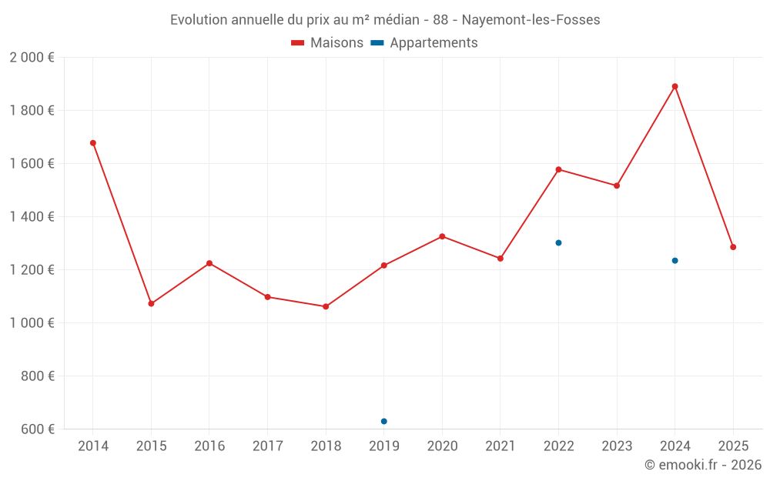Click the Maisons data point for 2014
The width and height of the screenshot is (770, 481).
click(x=93, y=143)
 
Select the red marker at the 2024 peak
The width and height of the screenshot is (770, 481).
click(x=675, y=86)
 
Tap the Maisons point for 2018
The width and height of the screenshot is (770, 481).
click(x=326, y=306)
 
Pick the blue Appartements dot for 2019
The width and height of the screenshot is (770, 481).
click(x=384, y=421)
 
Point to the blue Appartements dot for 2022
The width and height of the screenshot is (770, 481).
click(x=559, y=242)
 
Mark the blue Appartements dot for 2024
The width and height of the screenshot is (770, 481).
click(x=675, y=260)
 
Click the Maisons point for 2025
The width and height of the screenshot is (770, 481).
click(x=733, y=247)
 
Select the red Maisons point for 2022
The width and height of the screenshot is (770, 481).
click(x=559, y=169)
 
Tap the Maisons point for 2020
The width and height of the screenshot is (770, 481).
click(x=442, y=236)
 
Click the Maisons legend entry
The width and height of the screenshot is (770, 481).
click(x=327, y=43)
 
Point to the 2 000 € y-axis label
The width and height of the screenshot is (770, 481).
click(x=32, y=58)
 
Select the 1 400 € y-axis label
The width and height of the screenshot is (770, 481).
click(x=32, y=217)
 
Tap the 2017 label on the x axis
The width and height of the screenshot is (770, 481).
click(x=267, y=446)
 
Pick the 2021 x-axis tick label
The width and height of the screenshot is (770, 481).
click(x=500, y=446)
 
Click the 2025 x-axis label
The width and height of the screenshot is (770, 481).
click(x=733, y=446)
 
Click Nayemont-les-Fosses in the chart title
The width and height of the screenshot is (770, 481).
click(x=531, y=20)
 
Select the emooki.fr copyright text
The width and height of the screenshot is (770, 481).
click(x=702, y=465)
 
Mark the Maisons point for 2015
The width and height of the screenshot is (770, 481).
click(x=151, y=304)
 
